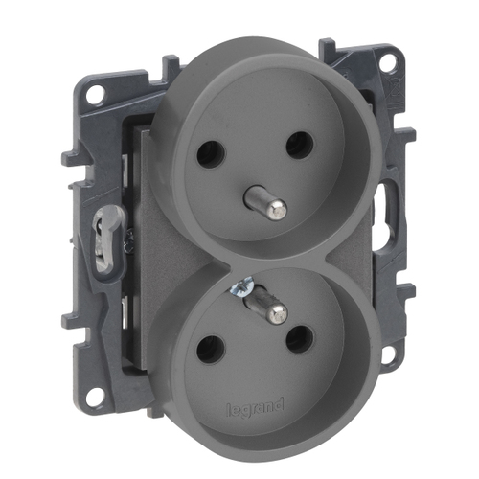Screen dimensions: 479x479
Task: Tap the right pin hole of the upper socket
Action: tap(300, 146)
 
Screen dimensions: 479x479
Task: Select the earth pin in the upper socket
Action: tap(265, 202)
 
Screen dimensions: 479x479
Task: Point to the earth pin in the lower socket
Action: tap(265, 305)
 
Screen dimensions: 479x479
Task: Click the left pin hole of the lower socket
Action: tap(211, 350)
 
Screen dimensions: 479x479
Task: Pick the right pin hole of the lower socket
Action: tap(300, 339)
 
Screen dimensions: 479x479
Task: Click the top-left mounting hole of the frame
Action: tap(95, 94)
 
